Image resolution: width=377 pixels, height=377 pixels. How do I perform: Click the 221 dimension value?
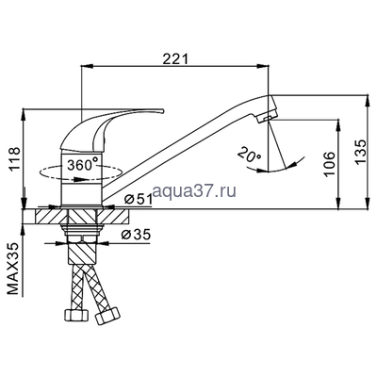tap(175, 58)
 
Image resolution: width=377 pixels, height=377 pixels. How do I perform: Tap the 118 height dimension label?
tap(14, 158)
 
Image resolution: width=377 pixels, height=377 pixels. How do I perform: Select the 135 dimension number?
tap(361, 151)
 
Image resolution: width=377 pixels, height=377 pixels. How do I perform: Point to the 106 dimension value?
tap(330, 164)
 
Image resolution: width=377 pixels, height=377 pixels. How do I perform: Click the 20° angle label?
tap(249, 155)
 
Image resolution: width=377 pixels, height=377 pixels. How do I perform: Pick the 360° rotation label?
tap(83, 165)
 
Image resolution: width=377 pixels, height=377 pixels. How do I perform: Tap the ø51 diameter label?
tap(138, 200)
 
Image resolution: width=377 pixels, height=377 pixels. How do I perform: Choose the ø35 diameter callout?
tap(136, 234)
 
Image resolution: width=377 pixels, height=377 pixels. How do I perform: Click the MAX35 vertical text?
tap(15, 269)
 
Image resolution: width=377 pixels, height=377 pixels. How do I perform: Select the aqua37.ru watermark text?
tap(194, 190)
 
